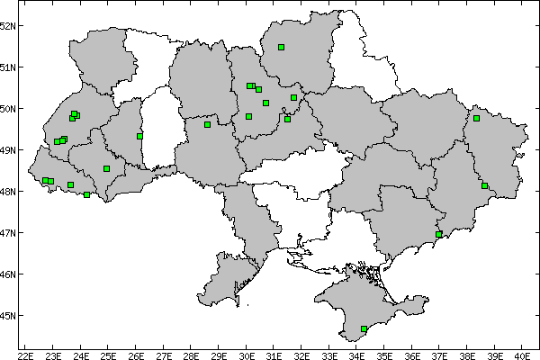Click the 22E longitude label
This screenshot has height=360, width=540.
click(25, 354)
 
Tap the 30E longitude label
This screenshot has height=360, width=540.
click(246, 354)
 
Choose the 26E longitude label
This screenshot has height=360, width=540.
click(136, 354)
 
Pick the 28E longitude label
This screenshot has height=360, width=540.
click(191, 354)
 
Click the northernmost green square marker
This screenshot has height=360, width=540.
click(282, 47)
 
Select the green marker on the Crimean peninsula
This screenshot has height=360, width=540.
click(364, 329)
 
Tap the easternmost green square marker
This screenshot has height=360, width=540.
click(484, 185)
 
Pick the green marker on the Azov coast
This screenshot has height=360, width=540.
click(439, 234)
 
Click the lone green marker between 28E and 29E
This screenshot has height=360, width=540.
click(207, 124)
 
